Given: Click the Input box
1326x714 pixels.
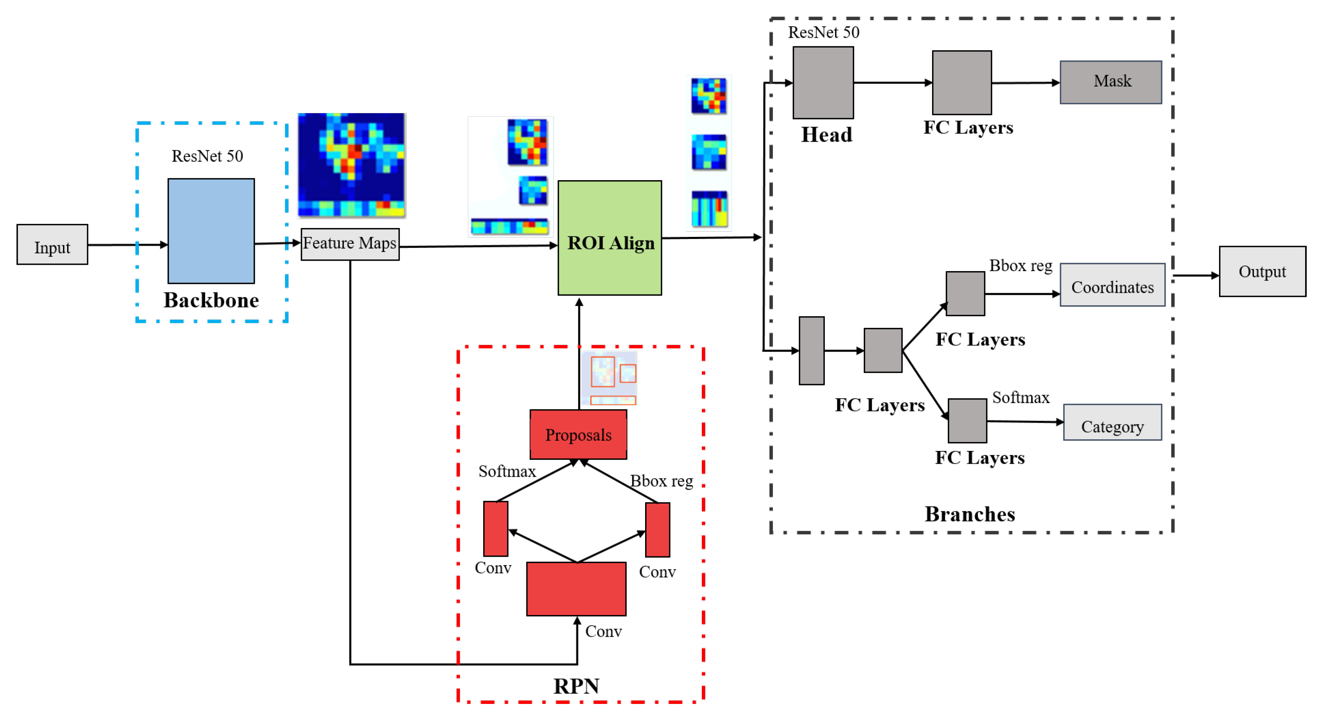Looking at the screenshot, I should click(x=52, y=245).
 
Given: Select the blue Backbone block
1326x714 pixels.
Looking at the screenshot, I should click(x=211, y=231).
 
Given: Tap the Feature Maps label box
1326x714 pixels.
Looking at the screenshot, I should click(x=350, y=244).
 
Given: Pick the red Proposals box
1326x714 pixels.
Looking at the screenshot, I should click(x=578, y=434).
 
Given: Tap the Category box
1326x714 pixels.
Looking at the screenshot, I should click(x=1113, y=422).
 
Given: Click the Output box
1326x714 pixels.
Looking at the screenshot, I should click(x=1262, y=272).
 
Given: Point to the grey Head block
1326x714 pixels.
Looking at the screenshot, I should click(x=823, y=82).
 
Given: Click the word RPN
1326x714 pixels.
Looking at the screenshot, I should click(x=576, y=686).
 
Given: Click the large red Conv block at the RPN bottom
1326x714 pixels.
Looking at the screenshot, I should click(x=576, y=589).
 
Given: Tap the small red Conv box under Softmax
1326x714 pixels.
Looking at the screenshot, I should click(x=496, y=529).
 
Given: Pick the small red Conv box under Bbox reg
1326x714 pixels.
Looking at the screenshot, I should click(x=657, y=530).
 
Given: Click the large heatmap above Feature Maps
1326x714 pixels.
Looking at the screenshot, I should click(x=352, y=165).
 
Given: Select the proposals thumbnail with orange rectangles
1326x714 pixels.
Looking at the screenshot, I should click(x=609, y=378).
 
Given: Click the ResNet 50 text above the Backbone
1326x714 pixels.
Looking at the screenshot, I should click(x=207, y=156).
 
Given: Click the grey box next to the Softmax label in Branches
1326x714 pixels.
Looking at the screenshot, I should click(x=967, y=420).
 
